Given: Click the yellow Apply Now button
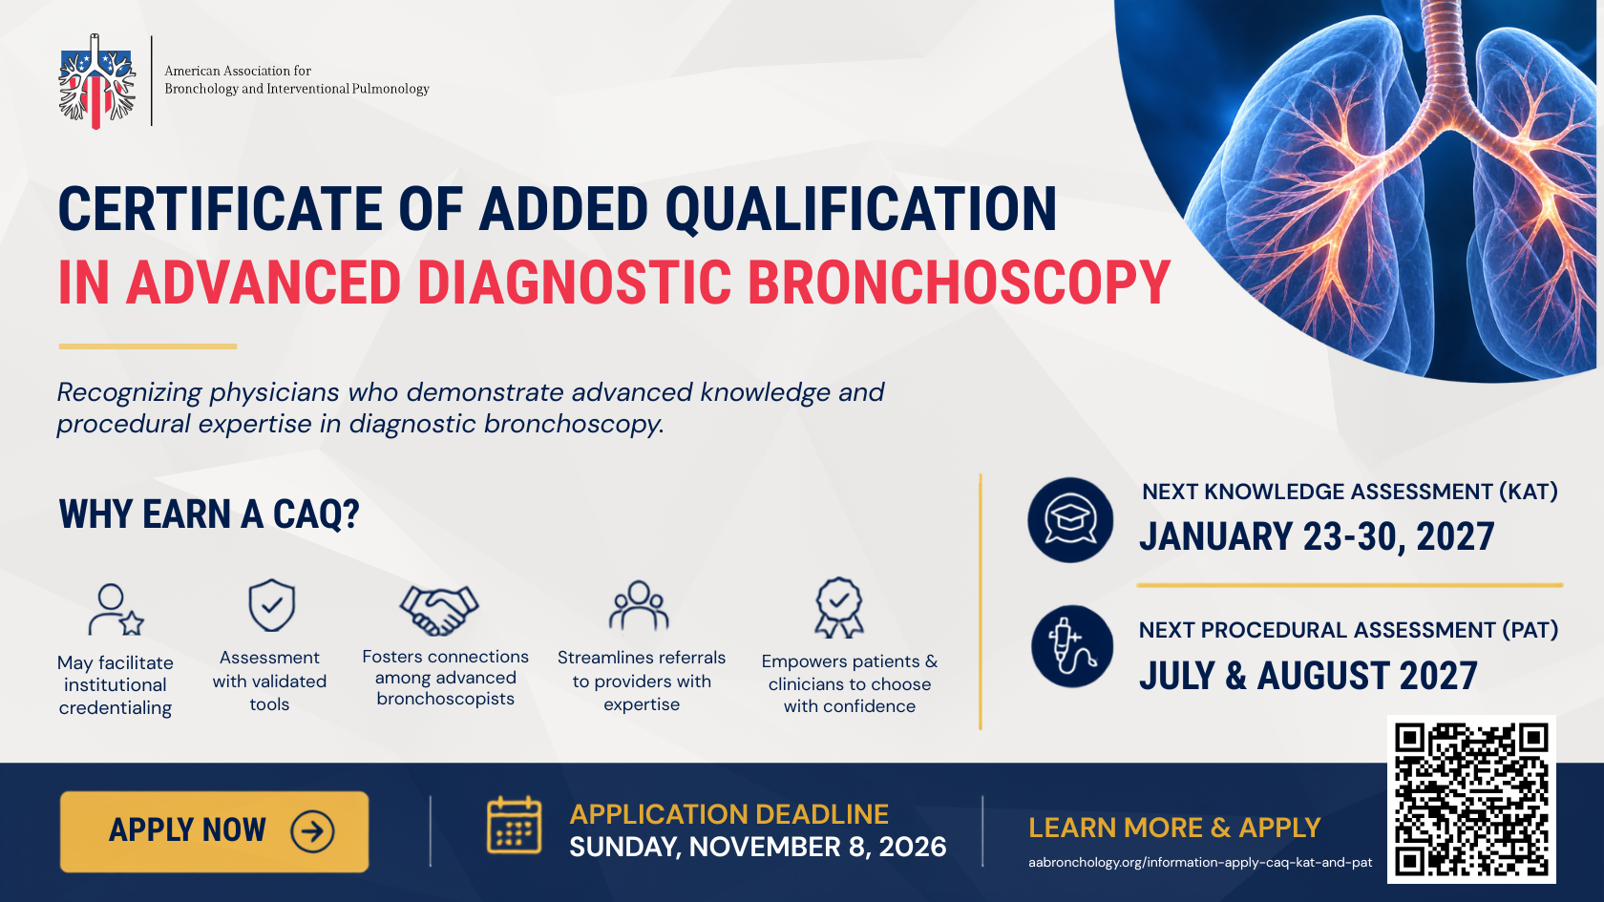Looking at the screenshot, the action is coord(214,831).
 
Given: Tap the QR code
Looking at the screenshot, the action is coord(1471,799).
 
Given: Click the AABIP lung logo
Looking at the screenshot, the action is coord(96,81).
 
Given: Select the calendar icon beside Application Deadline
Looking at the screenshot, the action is coord(514,825).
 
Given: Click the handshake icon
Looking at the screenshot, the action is coord(439,609).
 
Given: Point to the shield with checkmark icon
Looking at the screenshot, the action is coord(271,605).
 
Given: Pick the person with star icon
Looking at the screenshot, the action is coord(116,610).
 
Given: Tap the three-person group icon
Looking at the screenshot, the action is coord(639,606).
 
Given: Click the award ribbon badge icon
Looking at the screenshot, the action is coord(839,607).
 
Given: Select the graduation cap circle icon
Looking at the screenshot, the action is coord(1070,519).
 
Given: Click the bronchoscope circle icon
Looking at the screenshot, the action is coord(1072,646).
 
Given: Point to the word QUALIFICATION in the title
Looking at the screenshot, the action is coord(861,209).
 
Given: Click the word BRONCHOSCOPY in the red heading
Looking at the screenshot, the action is coord(960,283).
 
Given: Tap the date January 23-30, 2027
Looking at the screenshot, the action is coord(1317,536).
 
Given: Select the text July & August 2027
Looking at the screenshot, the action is coord(1308,676).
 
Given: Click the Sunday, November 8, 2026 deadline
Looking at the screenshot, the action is coord(758,847).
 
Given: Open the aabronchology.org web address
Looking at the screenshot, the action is coord(1200,863).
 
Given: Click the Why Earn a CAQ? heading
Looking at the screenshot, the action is coord(209,514).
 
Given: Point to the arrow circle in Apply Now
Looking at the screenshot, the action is coord(312,831).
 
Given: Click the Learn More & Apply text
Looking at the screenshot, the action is coord(1174,828).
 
